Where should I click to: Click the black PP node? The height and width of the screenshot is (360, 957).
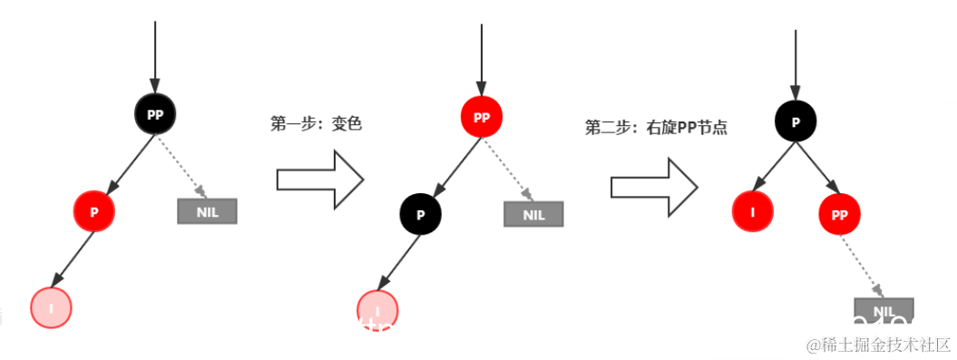point(155,114)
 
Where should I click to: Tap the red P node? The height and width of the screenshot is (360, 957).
point(94,211)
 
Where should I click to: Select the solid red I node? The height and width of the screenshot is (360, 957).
point(752,211)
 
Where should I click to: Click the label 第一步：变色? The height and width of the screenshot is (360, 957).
point(317,124)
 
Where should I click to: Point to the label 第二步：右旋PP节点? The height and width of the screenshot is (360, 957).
point(656,128)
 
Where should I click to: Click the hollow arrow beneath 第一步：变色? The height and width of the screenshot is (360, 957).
point(319,180)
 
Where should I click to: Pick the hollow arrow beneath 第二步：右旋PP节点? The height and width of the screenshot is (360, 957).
point(653,186)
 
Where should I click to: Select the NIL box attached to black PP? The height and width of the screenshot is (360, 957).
point(207,210)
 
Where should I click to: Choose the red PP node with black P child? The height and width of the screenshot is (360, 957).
point(481,118)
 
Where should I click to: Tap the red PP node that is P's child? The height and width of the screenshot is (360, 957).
point(840,215)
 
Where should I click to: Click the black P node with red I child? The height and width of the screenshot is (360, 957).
point(796,122)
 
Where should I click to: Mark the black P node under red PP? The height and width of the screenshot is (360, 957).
point(420,214)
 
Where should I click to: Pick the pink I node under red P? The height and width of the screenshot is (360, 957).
point(51,307)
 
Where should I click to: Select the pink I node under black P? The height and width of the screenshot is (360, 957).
point(377,310)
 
